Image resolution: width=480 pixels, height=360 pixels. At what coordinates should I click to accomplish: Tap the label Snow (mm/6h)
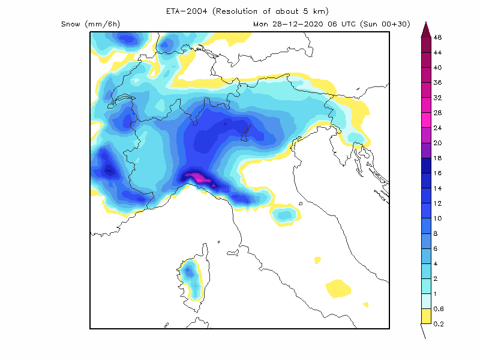click(91, 24)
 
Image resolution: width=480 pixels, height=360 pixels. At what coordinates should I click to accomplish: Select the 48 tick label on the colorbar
click(437, 37)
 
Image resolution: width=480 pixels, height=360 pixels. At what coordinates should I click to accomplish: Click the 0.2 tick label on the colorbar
click(439, 324)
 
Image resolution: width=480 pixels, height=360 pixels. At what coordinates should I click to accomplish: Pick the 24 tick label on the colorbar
click(437, 128)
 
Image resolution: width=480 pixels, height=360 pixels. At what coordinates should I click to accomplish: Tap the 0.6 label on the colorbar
click(439, 309)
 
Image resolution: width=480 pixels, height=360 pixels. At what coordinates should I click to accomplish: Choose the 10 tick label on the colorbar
click(437, 218)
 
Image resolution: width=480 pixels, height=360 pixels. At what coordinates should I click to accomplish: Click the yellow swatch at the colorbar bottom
click(425, 316)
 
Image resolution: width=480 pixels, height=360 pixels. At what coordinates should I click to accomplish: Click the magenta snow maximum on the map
click(197, 177)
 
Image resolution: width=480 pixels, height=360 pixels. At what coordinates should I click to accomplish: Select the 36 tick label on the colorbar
click(437, 83)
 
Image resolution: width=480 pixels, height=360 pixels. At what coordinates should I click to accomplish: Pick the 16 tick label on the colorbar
click(437, 173)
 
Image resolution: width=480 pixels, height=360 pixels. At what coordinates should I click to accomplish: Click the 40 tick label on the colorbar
click(437, 67)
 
